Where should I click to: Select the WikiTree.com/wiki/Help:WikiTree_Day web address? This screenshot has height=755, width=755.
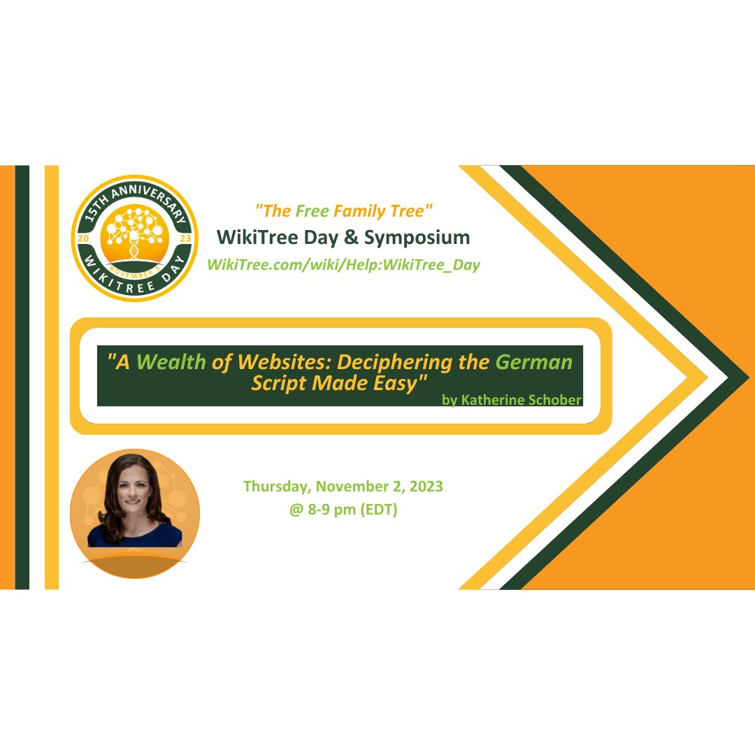click(343, 266)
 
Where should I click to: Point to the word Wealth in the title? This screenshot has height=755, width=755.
click(171, 362)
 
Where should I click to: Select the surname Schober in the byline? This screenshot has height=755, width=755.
click(555, 399)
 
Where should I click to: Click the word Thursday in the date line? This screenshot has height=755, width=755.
click(275, 487)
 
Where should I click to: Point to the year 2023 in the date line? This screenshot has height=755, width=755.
click(426, 487)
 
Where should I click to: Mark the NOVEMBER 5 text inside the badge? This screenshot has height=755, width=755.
click(134, 266)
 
